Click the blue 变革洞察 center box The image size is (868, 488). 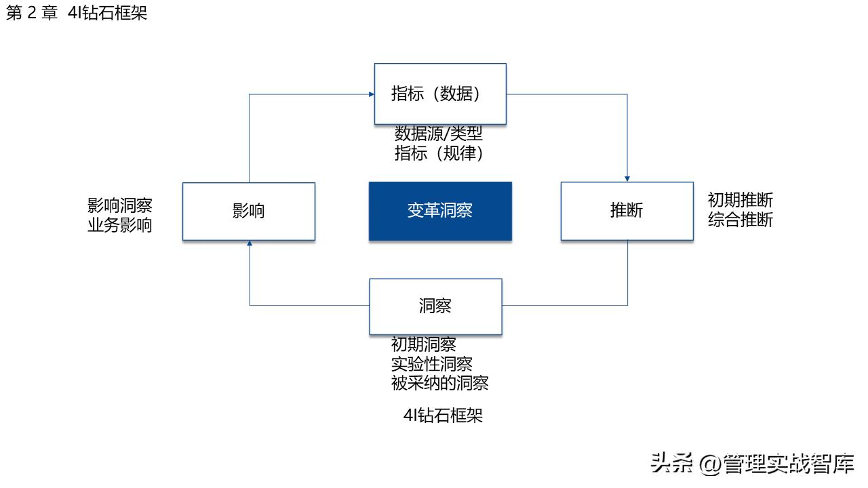click(440, 211)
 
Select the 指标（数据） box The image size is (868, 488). click(440, 94)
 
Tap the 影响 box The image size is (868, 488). click(249, 211)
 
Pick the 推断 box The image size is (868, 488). click(627, 211)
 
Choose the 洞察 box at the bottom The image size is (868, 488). click(435, 306)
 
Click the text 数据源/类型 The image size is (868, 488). click(439, 134)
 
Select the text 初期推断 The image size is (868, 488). click(740, 201)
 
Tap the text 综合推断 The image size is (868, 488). click(740, 220)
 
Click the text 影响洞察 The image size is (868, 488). click(119, 205)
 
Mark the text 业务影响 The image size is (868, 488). click(119, 226)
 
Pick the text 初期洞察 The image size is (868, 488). click(423, 345)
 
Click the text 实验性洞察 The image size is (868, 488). click(431, 364)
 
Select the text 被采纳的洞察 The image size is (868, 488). click(439, 384)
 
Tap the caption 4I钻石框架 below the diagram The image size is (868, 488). click(443, 415)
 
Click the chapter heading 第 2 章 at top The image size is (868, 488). click(32, 14)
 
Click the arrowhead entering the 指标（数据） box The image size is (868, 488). click(372, 94)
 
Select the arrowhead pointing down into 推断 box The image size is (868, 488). click(627, 178)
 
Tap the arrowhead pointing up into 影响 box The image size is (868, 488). click(250, 244)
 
